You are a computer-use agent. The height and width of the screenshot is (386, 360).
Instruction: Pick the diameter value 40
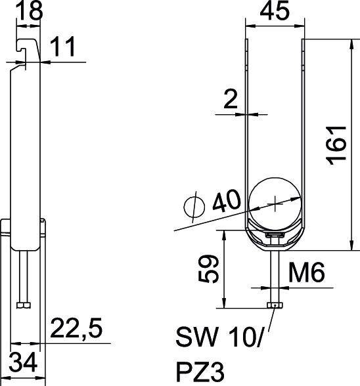[225, 201]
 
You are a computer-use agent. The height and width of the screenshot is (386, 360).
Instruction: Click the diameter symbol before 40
[194, 207]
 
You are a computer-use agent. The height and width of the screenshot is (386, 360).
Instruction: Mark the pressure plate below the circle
[275, 236]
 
